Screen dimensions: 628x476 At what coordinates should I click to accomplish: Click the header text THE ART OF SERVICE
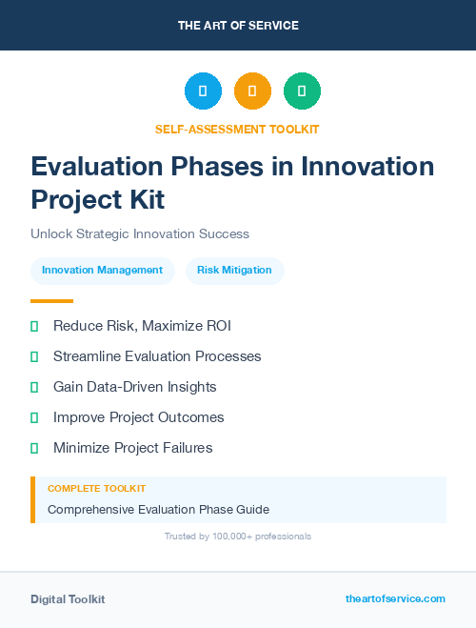(x=238, y=26)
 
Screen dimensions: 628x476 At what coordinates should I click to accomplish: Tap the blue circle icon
(x=203, y=91)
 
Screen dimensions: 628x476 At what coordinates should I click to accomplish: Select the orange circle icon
(x=252, y=91)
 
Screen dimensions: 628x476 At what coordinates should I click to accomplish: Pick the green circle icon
(x=302, y=91)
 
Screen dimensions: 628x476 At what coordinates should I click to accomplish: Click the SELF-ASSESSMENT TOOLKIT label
(x=238, y=129)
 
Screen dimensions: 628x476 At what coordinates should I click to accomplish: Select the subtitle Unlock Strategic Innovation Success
(x=140, y=233)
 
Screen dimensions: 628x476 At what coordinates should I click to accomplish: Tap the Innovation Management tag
(x=103, y=270)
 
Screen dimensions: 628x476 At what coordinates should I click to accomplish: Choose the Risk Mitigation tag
(x=234, y=270)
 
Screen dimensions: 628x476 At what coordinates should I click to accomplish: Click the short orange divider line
(x=51, y=301)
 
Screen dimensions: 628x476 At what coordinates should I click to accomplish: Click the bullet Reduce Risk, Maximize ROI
(x=142, y=326)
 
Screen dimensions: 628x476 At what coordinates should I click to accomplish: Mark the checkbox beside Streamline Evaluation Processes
(x=34, y=356)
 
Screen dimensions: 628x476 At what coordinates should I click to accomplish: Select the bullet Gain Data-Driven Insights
(x=134, y=387)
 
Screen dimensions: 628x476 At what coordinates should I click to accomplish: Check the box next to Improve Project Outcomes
(x=34, y=417)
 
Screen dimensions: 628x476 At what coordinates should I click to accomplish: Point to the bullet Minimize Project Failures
(x=132, y=448)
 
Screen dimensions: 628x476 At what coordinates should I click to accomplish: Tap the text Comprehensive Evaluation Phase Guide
(x=158, y=509)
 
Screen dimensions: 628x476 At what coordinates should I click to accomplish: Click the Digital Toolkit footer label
(x=68, y=599)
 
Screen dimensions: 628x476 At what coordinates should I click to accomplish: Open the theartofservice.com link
(x=395, y=598)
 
